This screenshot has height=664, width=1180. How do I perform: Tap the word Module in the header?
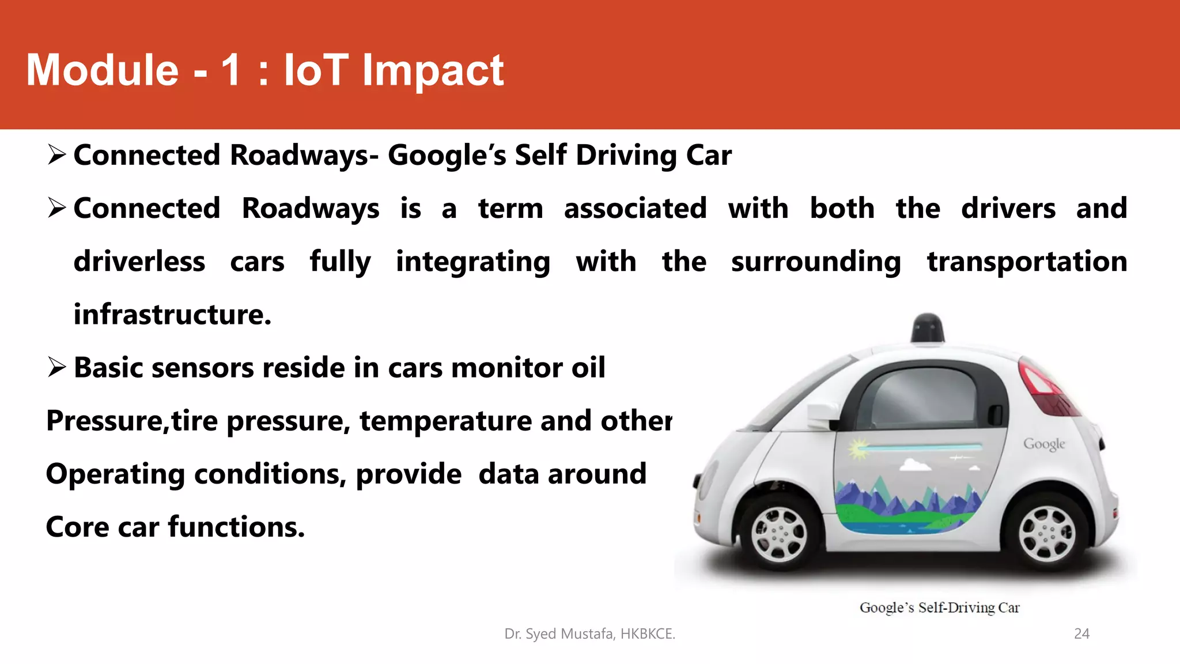coord(103,70)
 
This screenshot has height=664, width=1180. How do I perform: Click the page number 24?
coord(1081,633)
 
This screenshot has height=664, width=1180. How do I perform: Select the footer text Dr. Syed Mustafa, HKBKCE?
coord(589,633)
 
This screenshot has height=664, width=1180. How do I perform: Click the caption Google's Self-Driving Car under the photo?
coord(939,608)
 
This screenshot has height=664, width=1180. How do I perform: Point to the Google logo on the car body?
coord(1043,444)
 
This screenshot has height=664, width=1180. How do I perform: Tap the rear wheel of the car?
coord(1046,533)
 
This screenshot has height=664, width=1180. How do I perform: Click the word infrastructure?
coord(172,315)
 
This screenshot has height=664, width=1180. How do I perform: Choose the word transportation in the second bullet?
coord(1027,262)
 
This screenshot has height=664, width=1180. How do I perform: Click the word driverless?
coord(139,262)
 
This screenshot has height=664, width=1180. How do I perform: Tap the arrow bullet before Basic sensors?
coord(57,367)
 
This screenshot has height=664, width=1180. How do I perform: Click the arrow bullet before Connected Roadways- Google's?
coord(57,155)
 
